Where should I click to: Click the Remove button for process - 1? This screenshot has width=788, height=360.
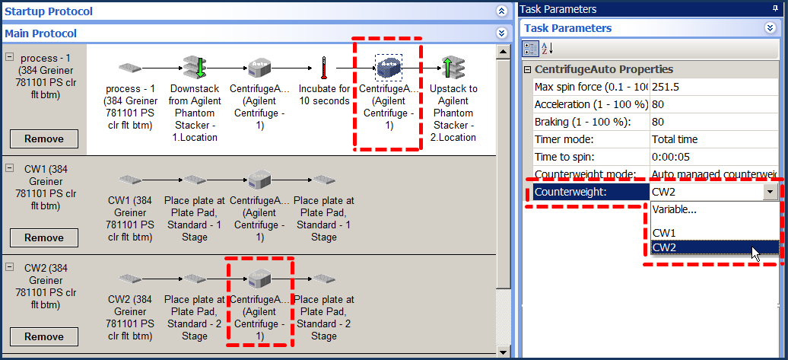pyautogui.click(x=43, y=139)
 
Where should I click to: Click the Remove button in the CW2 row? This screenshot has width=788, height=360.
pyautogui.click(x=43, y=337)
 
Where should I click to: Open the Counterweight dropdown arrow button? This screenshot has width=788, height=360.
pyautogui.click(x=771, y=192)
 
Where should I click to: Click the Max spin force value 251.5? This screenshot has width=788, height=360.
pyautogui.click(x=666, y=87)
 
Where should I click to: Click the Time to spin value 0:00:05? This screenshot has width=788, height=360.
pyautogui.click(x=669, y=157)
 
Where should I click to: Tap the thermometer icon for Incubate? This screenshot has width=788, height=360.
pyautogui.click(x=324, y=68)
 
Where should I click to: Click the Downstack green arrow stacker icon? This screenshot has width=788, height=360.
pyautogui.click(x=195, y=68)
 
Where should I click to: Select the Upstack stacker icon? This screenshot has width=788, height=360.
pyautogui.click(x=453, y=68)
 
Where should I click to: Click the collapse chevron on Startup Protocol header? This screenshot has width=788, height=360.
pyautogui.click(x=501, y=11)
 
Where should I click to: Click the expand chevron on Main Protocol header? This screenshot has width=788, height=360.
pyautogui.click(x=501, y=33)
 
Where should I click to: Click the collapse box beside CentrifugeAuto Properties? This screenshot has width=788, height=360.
pyautogui.click(x=527, y=69)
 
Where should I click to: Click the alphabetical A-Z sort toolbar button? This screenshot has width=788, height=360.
pyautogui.click(x=546, y=49)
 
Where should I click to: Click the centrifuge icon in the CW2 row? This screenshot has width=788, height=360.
pyautogui.click(x=259, y=278)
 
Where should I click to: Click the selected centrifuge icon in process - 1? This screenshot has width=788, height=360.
pyautogui.click(x=389, y=68)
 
